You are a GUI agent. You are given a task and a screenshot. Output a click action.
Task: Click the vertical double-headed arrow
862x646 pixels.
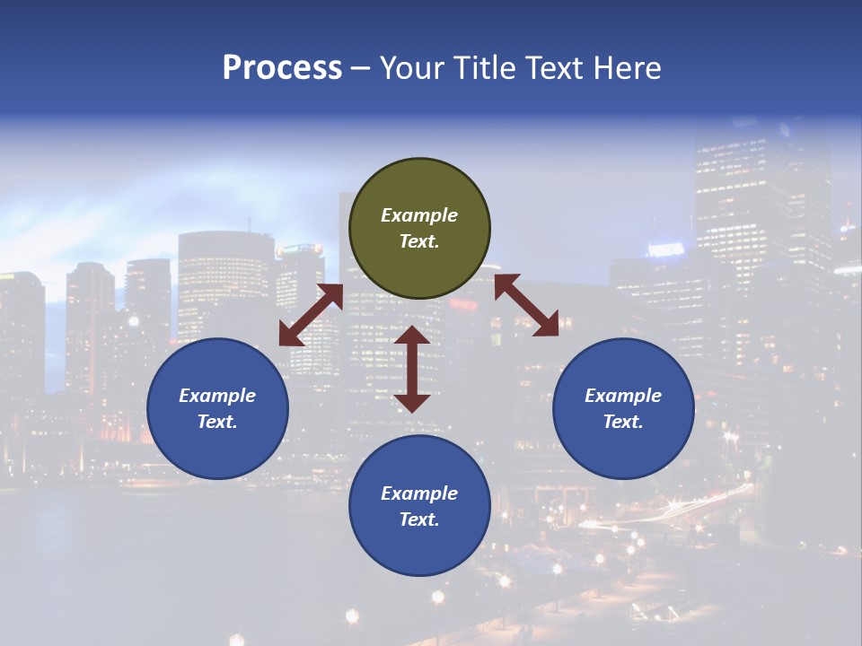click(x=412, y=369)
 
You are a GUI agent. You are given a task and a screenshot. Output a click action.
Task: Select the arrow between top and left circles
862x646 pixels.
click(x=311, y=315)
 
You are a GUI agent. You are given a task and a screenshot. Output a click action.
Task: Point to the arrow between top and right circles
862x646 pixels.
click(x=526, y=305)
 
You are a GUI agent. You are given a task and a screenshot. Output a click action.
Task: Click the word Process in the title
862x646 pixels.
click(x=282, y=68)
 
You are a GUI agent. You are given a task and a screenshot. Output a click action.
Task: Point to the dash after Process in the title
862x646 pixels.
click(x=361, y=68)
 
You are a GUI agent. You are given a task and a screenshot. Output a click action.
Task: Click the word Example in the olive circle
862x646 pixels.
click(x=419, y=215)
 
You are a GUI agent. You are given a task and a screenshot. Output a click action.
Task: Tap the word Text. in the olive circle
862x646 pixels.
click(x=419, y=241)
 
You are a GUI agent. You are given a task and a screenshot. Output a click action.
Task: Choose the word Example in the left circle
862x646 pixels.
click(x=217, y=396)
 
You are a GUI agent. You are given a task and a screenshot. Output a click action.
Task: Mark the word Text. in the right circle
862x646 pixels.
click(x=623, y=422)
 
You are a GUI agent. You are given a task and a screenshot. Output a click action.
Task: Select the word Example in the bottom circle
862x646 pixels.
click(x=419, y=493)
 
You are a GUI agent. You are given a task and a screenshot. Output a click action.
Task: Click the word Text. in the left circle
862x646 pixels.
click(x=217, y=422)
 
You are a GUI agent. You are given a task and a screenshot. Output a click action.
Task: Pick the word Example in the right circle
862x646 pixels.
click(x=623, y=396)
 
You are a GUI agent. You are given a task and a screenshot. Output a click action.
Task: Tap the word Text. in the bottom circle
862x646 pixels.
click(x=419, y=519)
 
